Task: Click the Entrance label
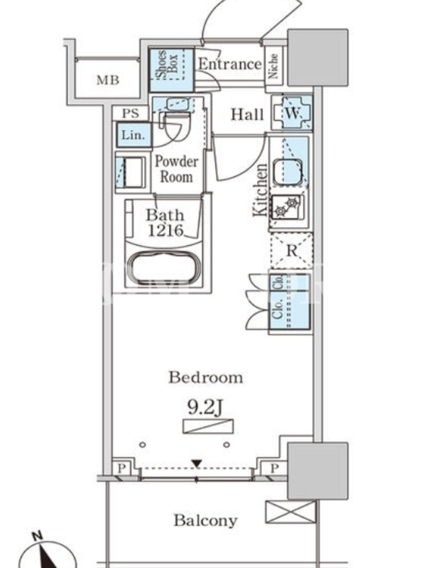229,64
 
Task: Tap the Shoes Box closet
171,70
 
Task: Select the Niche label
273,66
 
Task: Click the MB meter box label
108,80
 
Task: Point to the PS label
130,113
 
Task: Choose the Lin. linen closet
133,135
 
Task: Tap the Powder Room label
176,169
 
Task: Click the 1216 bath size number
165,231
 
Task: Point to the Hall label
247,115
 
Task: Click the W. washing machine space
292,113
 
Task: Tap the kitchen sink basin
288,172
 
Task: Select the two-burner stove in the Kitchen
286,207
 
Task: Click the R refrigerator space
292,251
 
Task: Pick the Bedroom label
205,378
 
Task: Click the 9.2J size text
204,408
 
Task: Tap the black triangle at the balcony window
197,464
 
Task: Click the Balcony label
205,520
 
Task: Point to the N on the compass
37,536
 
